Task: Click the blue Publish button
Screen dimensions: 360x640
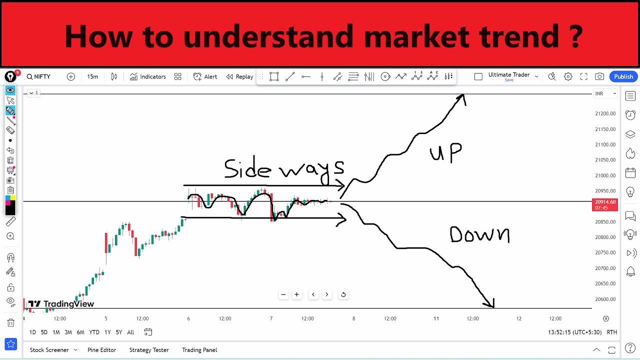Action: point(623,76)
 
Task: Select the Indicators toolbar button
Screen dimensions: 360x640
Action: point(147,76)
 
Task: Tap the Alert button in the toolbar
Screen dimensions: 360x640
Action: point(205,76)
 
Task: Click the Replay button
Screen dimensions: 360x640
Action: point(239,76)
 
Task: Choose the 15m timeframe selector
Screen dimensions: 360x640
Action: point(92,76)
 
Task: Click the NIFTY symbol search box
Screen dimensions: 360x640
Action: point(39,76)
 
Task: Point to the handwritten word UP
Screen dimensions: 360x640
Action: point(445,152)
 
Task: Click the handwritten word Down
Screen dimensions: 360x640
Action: point(479,234)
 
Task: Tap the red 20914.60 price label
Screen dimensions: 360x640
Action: point(605,202)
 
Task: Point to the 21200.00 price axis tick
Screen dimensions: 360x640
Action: point(605,113)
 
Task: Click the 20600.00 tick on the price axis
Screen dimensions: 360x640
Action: point(605,299)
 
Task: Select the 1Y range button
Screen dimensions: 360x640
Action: point(107,332)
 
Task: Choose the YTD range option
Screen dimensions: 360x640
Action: point(94,332)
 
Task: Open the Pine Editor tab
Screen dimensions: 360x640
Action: point(101,350)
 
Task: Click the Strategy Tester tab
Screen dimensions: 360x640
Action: point(149,350)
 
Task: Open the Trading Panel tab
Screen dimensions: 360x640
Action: point(199,350)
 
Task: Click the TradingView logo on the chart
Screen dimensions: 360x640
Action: point(61,304)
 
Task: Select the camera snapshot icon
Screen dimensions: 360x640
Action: point(599,76)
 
